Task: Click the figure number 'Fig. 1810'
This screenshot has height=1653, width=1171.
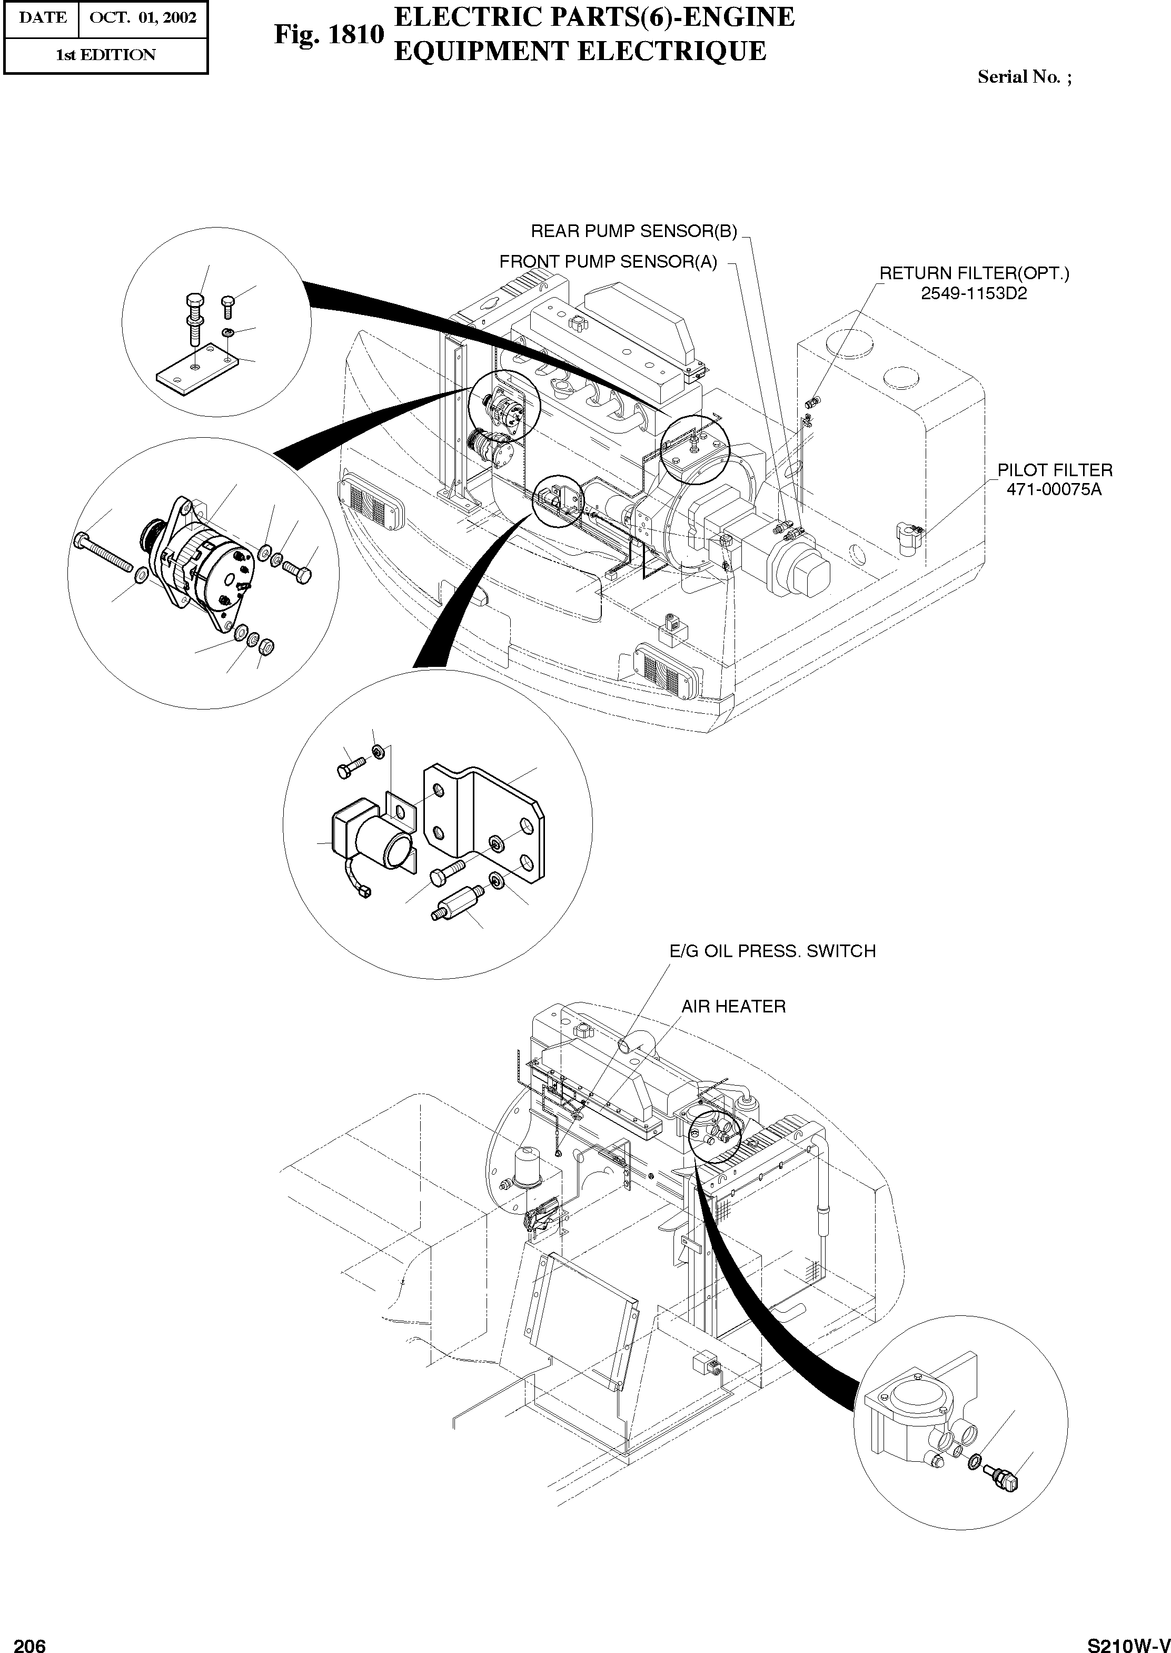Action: (x=328, y=35)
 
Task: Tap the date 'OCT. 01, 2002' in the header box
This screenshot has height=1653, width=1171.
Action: (x=142, y=18)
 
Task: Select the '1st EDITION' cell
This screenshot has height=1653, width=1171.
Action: (x=105, y=55)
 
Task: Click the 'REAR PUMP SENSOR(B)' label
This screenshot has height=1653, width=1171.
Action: (x=634, y=231)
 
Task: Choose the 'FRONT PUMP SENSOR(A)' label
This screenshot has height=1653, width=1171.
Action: (x=608, y=262)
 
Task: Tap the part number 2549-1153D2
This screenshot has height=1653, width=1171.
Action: (x=974, y=293)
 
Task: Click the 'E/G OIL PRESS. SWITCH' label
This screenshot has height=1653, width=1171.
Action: (x=772, y=951)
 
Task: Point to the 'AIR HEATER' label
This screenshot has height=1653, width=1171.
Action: (x=733, y=1006)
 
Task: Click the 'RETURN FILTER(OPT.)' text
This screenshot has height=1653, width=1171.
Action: (x=974, y=274)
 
